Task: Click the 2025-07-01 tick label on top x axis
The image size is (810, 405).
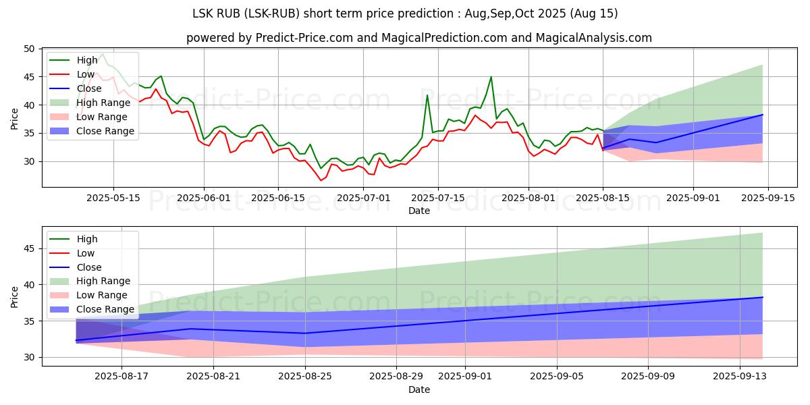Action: click(364, 198)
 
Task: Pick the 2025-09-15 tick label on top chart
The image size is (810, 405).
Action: click(768, 198)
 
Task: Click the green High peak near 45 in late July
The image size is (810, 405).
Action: click(491, 77)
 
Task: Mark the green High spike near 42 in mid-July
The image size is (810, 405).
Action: click(427, 95)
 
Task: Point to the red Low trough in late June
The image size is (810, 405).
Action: click(321, 180)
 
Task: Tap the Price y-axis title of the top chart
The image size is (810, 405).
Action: click(15, 117)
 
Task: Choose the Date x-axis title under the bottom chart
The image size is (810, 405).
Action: click(418, 389)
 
